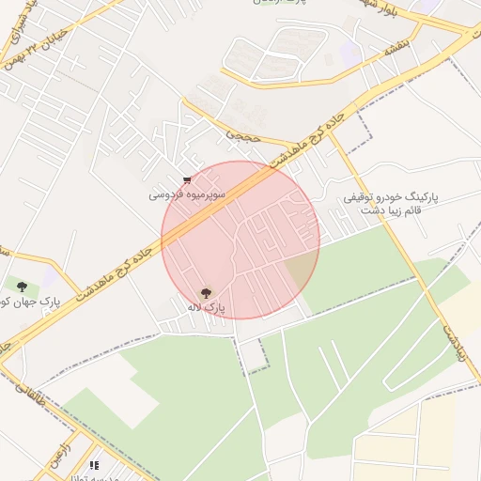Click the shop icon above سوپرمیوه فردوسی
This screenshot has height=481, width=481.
point(188,180)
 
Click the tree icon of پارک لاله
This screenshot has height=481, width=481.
point(206,292)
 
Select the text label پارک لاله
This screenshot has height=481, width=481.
point(206,307)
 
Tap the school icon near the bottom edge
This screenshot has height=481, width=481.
point(93,465)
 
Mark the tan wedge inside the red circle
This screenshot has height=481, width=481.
point(301,271)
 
